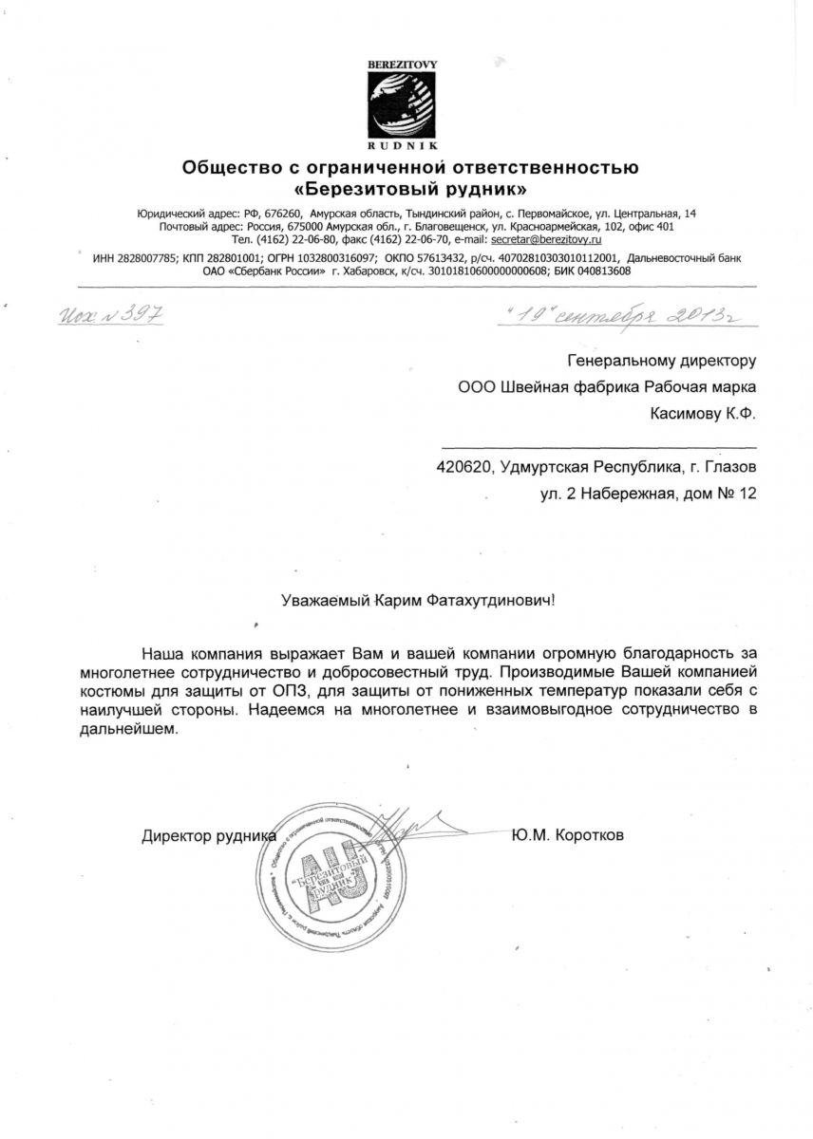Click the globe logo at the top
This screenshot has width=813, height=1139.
pyautogui.click(x=403, y=104)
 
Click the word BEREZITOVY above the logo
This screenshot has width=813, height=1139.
pyautogui.click(x=403, y=64)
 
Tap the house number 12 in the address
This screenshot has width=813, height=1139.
pyautogui.click(x=747, y=494)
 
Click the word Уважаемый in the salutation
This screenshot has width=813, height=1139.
pyautogui.click(x=326, y=600)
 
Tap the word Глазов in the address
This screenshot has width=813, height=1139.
pyautogui.click(x=730, y=467)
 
